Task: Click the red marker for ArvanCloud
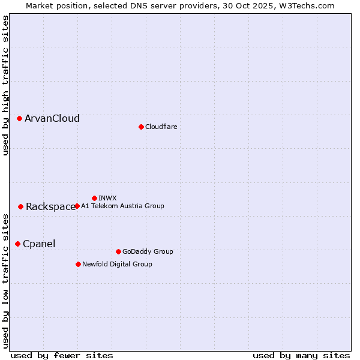coord(20,119)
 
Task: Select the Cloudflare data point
coord(141,127)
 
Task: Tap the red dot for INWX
coord(94,198)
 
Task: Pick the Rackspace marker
coord(20,206)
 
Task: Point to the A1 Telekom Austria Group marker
coord(77,206)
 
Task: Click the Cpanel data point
coord(17,244)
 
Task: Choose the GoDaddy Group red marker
coord(118,251)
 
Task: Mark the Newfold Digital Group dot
coord(78,264)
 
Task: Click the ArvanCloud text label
coord(52,119)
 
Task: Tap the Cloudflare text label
coord(161,127)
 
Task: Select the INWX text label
coord(107,198)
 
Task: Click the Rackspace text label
coord(50,207)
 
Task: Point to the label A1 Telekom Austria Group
coord(122,206)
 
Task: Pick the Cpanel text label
coord(39,244)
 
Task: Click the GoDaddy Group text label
coord(148,251)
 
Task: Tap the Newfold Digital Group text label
coord(117,264)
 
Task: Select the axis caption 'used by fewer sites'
coord(62,355)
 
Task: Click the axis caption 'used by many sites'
coord(301,355)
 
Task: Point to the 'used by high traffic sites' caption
coord(5,86)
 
